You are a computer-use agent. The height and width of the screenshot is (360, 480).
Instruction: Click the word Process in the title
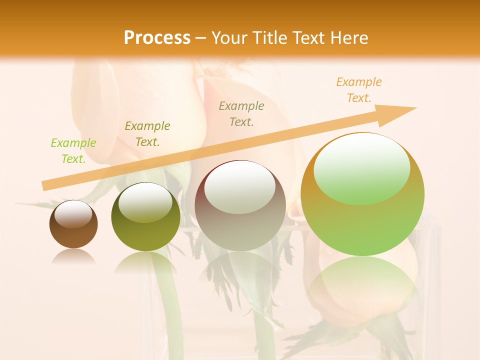(157, 37)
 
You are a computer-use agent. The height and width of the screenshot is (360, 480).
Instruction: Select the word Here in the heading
(347, 37)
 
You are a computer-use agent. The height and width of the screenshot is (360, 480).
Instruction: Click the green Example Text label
(73, 151)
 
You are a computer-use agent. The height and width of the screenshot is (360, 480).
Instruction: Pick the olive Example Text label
(147, 134)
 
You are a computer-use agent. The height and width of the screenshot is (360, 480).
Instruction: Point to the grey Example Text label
(241, 113)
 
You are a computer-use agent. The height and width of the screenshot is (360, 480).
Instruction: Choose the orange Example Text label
(359, 90)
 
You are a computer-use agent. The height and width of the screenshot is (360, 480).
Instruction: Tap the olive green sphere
(145, 235)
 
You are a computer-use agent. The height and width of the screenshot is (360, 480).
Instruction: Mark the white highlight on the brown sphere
(73, 213)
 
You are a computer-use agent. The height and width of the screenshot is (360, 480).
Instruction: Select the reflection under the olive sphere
(145, 262)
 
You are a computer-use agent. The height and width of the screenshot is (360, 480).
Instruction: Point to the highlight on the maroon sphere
(239, 187)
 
